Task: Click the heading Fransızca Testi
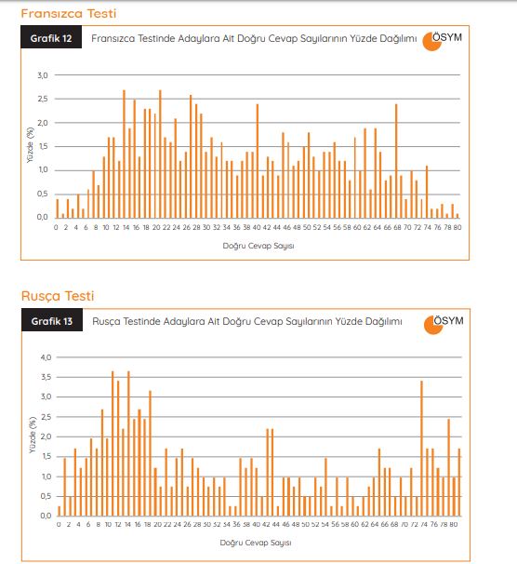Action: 69,14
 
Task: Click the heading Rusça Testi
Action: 58,296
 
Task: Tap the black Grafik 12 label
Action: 51,37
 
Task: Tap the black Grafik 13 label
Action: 52,320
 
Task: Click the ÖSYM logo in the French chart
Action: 442,41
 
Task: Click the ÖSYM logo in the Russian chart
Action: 444,324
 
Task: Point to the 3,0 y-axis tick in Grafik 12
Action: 43,75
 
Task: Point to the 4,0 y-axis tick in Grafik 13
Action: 46,357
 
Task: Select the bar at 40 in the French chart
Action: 258,161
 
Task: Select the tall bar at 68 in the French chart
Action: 396,161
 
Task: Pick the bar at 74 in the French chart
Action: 427,192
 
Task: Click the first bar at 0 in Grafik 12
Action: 57,208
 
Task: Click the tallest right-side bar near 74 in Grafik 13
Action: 421,449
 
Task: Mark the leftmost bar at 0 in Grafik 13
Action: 60,511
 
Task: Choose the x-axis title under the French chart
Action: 258,246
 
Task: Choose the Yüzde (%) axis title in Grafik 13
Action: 33,435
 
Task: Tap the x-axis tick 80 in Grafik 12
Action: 457,227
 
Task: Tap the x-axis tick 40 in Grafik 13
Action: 256,524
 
